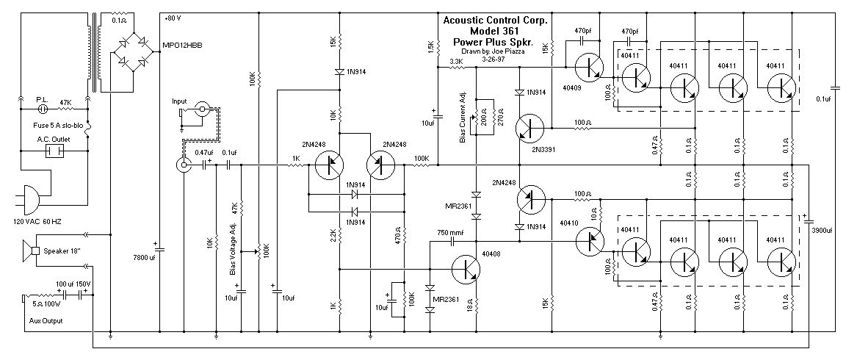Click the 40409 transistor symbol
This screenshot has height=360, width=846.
pyautogui.click(x=589, y=68)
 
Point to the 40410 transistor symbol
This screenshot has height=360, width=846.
pyautogui.click(x=589, y=240)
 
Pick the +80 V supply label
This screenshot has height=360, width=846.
pyautogui.click(x=174, y=18)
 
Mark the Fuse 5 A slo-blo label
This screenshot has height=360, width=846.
pyautogui.click(x=46, y=124)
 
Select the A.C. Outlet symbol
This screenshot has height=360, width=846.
pyautogui.click(x=52, y=151)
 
